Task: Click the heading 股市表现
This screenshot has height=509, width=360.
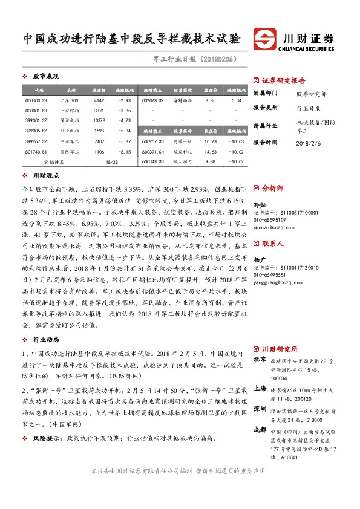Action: [45, 77]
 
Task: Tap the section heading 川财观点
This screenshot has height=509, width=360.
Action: [45, 177]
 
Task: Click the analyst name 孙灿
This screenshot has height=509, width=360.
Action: [258, 206]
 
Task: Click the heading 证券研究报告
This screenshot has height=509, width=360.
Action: [283, 80]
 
